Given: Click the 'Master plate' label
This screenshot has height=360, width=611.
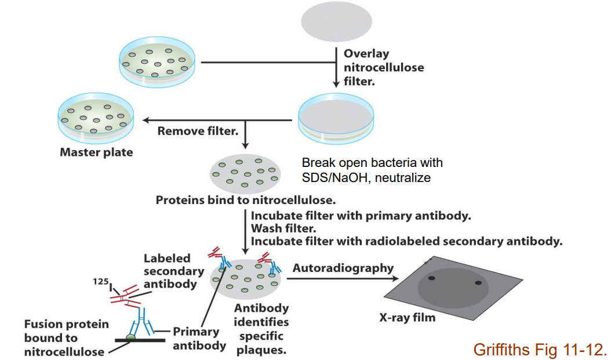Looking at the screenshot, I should click(96, 153).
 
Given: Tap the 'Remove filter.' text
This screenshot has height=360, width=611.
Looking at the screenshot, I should click(198, 131).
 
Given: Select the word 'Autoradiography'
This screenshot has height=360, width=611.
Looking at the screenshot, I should click(343, 268).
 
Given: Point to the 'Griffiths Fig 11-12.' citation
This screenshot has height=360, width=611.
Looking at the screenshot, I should click(540, 350).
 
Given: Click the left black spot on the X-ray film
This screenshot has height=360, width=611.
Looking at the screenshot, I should click(431, 279).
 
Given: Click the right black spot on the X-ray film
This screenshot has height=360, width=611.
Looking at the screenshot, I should click(478, 283).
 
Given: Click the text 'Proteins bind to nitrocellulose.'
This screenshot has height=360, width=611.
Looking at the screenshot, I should click(245, 201).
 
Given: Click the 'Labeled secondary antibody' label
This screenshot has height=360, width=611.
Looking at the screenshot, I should click(173, 271).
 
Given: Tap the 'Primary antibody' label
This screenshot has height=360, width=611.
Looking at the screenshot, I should click(199, 339).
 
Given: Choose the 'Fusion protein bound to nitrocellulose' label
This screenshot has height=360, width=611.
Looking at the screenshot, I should click(66, 337).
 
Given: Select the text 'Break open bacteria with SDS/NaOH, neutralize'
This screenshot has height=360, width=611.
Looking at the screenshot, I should click(372, 170).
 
